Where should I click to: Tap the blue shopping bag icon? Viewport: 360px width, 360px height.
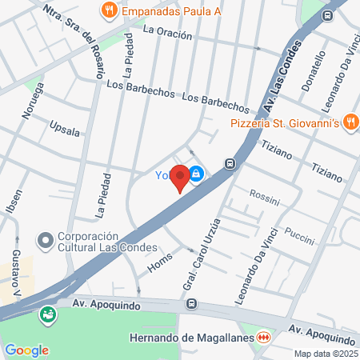[197, 173]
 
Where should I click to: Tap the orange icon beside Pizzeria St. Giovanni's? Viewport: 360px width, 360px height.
[350, 122]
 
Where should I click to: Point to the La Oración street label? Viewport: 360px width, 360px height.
[167, 34]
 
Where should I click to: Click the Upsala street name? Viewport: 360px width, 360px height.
[65, 128]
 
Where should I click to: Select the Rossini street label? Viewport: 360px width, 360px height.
[264, 194]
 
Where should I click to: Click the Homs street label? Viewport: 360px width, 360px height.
[160, 258]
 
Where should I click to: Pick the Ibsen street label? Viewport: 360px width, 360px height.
[7, 205]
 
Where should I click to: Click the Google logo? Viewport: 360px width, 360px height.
[26, 350]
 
